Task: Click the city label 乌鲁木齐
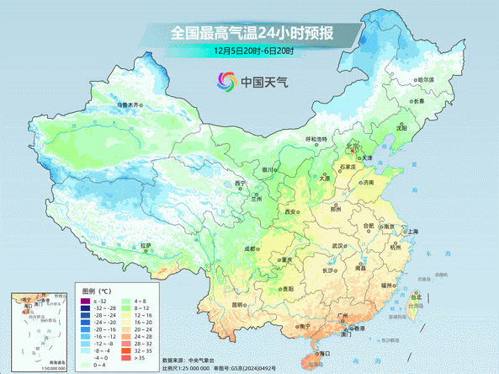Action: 131,105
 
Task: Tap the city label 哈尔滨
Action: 425,80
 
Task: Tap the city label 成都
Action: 252,248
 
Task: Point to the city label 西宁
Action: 242,184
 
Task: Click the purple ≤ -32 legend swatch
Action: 84,301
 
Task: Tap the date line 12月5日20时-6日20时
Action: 252,51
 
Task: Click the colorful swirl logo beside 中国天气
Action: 226,82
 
